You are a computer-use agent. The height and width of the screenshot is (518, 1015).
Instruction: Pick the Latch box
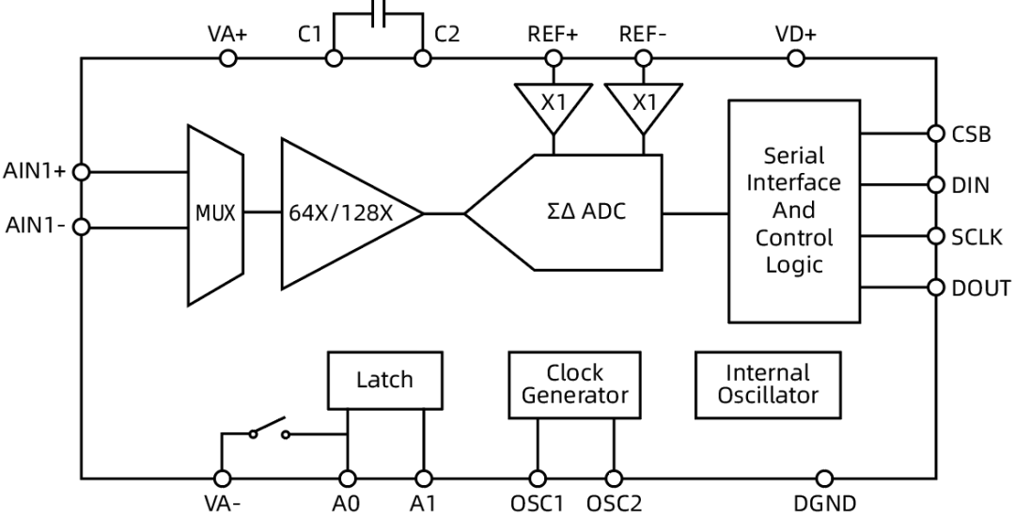[x=384, y=380]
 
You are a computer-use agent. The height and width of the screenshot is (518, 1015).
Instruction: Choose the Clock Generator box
[x=575, y=385]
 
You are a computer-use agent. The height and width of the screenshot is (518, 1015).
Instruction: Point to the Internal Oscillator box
[x=767, y=385]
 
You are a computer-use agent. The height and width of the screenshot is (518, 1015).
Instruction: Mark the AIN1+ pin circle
[x=82, y=172]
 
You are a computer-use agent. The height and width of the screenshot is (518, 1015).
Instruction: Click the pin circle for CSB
[x=935, y=133]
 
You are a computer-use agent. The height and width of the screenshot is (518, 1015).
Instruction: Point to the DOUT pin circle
[x=935, y=287]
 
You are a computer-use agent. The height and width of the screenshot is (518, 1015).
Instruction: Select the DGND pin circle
[x=824, y=479]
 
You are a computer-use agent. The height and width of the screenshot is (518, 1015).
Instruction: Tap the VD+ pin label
[x=795, y=35]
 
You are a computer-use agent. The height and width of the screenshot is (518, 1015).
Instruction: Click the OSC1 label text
[x=538, y=504]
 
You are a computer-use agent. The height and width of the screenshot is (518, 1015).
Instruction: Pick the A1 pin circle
[x=424, y=479]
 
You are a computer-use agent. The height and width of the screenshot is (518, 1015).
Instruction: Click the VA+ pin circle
[x=226, y=58]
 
